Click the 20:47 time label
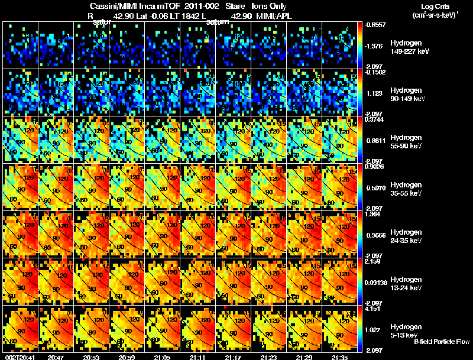pyautogui.click(x=56, y=357)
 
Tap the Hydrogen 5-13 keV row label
pyautogui.click(x=407, y=330)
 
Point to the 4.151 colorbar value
pyautogui.click(x=373, y=309)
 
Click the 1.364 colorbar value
pyautogui.click(x=373, y=214)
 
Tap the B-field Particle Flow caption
pyautogui.click(x=442, y=342)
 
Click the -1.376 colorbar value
pyautogui.click(x=375, y=45)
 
